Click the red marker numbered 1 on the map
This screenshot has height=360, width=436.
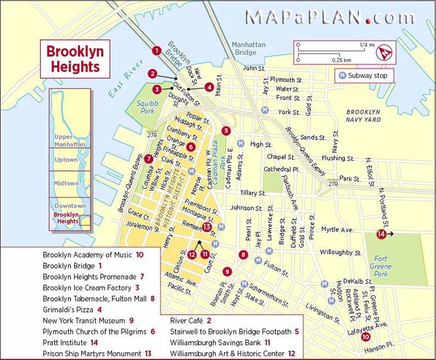pyautogui.click(x=156, y=51)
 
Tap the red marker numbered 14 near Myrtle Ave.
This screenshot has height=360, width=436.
pyautogui.click(x=381, y=234)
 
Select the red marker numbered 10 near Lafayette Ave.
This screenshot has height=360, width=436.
pyautogui.click(x=365, y=337)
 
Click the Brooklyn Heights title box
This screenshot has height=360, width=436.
pyautogui.click(x=75, y=59)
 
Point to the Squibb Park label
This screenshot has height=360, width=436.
pyautogui.click(x=147, y=107)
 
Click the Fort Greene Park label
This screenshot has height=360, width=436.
pyautogui.click(x=381, y=266)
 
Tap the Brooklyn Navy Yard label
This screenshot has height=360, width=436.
pyautogui.click(x=363, y=116)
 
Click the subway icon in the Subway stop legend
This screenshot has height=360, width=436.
pyautogui.click(x=341, y=76)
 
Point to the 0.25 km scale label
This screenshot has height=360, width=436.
pyautogui.click(x=341, y=60)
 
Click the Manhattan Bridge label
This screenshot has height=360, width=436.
pyautogui.click(x=248, y=49)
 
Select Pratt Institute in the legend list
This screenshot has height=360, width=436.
pyautogui.click(x=65, y=343)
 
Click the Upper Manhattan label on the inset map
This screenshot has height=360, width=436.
pyautogui.click(x=70, y=140)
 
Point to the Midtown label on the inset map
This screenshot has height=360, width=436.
pyautogui.click(x=66, y=183)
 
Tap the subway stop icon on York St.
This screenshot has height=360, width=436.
pyautogui.click(x=265, y=110)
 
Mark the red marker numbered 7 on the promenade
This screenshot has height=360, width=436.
pyautogui.click(x=148, y=159)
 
